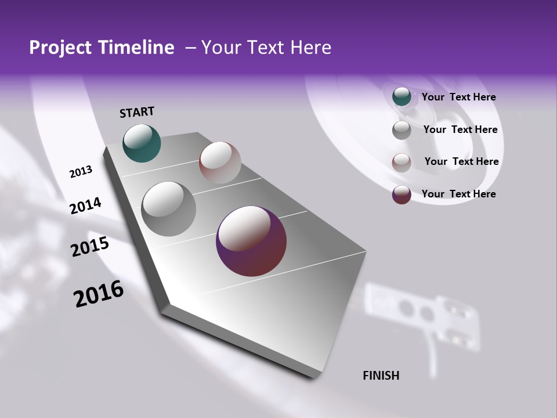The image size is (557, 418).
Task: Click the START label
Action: pyautogui.click(x=137, y=112)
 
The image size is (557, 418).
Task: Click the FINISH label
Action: pyautogui.click(x=381, y=376)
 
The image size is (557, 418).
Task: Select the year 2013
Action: pyautogui.click(x=81, y=172)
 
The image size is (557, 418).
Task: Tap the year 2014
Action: pyautogui.click(x=85, y=206)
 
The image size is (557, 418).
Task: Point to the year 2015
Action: pyautogui.click(x=90, y=247)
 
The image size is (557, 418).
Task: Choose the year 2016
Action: pyautogui.click(x=99, y=294)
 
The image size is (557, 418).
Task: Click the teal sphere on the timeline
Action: pyautogui.click(x=142, y=143)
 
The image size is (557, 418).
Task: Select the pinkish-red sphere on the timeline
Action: pyautogui.click(x=220, y=163)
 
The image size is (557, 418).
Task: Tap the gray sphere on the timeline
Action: pyautogui.click(x=168, y=209)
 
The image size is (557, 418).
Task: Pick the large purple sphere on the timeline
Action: pyautogui.click(x=251, y=242)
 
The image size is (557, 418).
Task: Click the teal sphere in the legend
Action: pyautogui.click(x=402, y=97)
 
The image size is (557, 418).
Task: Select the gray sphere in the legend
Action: pyautogui.click(x=402, y=130)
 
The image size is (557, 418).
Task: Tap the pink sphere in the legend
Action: pyautogui.click(x=402, y=163)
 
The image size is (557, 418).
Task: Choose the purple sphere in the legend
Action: pyautogui.click(x=402, y=194)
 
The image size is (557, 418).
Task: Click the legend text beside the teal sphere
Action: pyautogui.click(x=458, y=97)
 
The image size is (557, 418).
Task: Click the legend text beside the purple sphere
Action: pyautogui.click(x=458, y=194)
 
